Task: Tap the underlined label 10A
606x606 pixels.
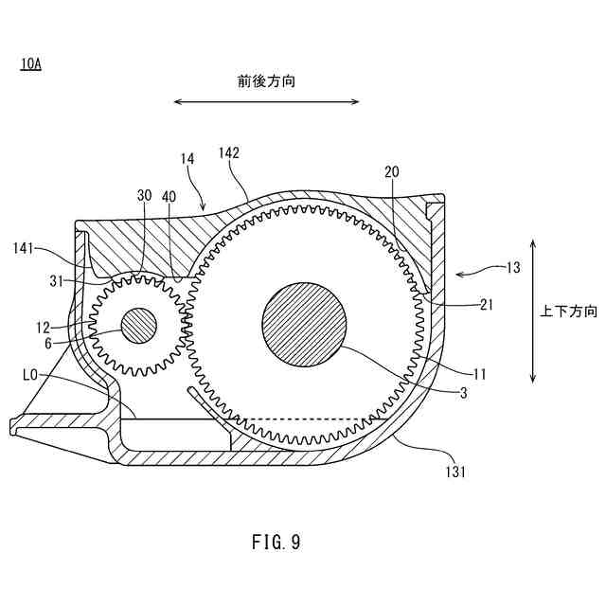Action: coord(29,64)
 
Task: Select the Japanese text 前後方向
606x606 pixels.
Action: coord(266,81)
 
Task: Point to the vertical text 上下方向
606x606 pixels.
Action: coord(569,312)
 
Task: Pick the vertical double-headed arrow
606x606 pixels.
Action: coord(533,312)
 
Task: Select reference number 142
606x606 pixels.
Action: coord(228,152)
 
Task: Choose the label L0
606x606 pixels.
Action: coord(30,375)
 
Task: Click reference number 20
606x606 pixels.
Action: coord(393,171)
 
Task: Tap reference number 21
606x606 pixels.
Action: coord(488,304)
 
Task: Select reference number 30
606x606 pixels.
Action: coord(144,195)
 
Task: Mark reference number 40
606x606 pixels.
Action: coord(169,196)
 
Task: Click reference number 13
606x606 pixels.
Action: coord(512,268)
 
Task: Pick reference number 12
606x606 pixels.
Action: coord(44,328)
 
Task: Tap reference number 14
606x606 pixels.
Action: coord(187,160)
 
